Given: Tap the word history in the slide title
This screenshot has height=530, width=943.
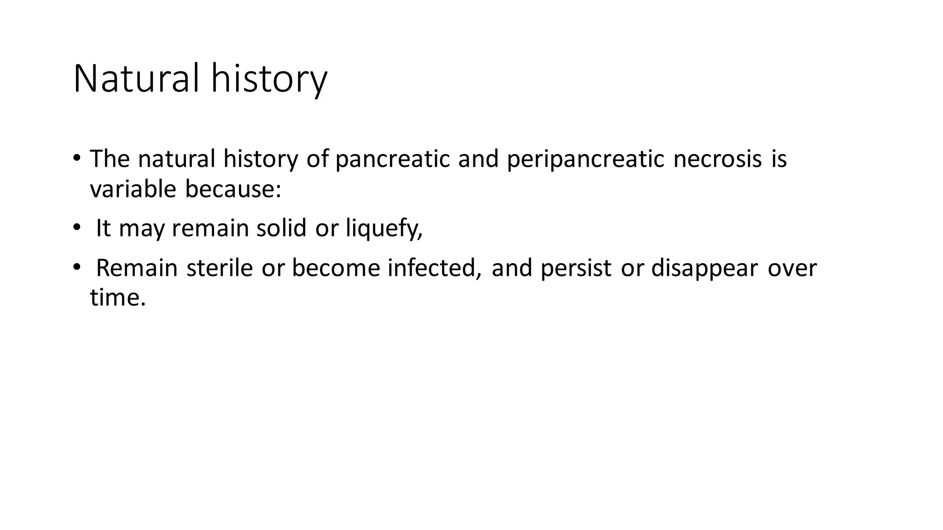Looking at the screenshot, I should pos(269,79).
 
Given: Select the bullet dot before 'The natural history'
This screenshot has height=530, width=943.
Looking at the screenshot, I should pos(76,158).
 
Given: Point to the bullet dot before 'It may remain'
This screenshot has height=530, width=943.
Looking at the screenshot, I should pos(76,227).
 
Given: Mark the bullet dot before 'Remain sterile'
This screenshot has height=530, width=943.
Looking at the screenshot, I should pos(76,267).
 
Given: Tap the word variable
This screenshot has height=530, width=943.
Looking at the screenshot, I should pos(133,189).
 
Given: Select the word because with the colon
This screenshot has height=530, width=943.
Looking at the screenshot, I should pos(233,189).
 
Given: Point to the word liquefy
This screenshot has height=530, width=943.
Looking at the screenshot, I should pos(384,228).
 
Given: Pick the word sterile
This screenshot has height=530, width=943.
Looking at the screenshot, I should pos(220,268).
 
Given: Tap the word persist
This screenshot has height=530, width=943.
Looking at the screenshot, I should pos(576,268).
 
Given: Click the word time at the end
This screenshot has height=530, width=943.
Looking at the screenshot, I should pos(117,297).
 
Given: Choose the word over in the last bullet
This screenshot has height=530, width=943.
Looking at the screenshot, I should pos(792,268).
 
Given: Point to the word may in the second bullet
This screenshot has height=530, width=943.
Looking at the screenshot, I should pos(141,228).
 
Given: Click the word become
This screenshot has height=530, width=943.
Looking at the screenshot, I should pos(336,268).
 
